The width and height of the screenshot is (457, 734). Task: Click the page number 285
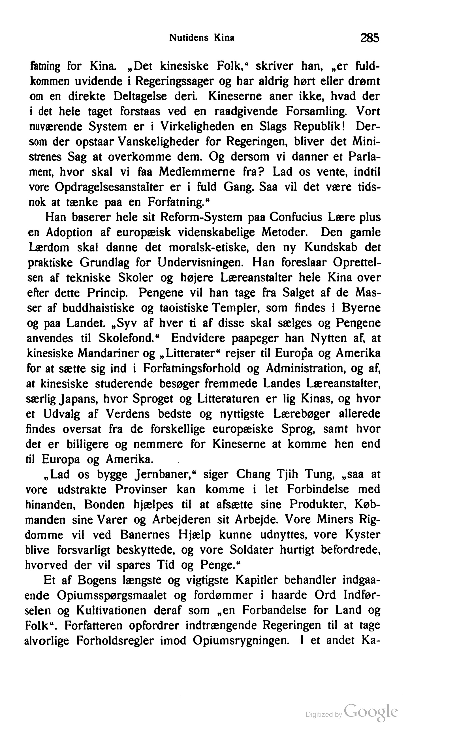[x=369, y=38]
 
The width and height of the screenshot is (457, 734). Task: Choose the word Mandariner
[x=113, y=353]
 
